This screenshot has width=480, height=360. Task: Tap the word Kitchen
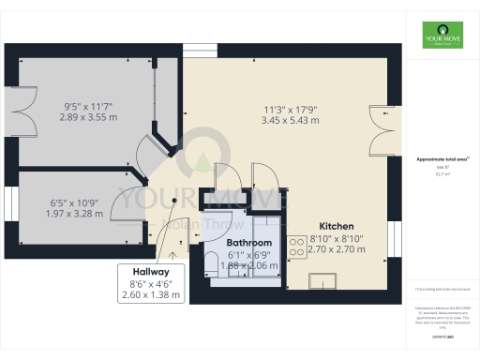pyautogui.click(x=336, y=227)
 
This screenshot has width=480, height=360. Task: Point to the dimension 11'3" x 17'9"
pyautogui.click(x=290, y=109)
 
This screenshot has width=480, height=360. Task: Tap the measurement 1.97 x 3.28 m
pyautogui.click(x=75, y=215)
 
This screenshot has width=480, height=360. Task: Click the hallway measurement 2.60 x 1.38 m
pyautogui.click(x=150, y=295)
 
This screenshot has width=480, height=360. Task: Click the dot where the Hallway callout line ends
pyautogui.click(x=174, y=201)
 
